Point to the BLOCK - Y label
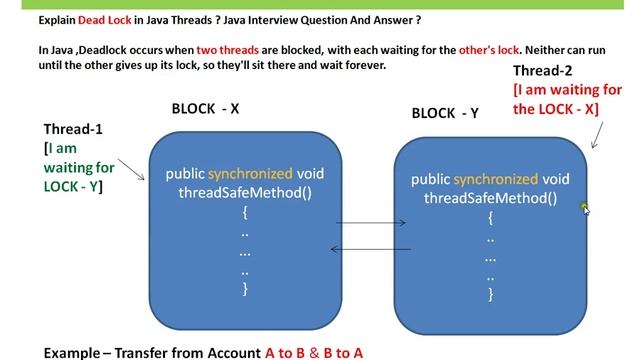[445, 113]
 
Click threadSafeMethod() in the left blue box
[245, 192]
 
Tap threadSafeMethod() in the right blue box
[490, 198]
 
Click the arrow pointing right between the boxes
[371, 225]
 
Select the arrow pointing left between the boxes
[371, 249]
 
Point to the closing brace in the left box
[244, 289]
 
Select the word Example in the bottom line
[77, 353]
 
